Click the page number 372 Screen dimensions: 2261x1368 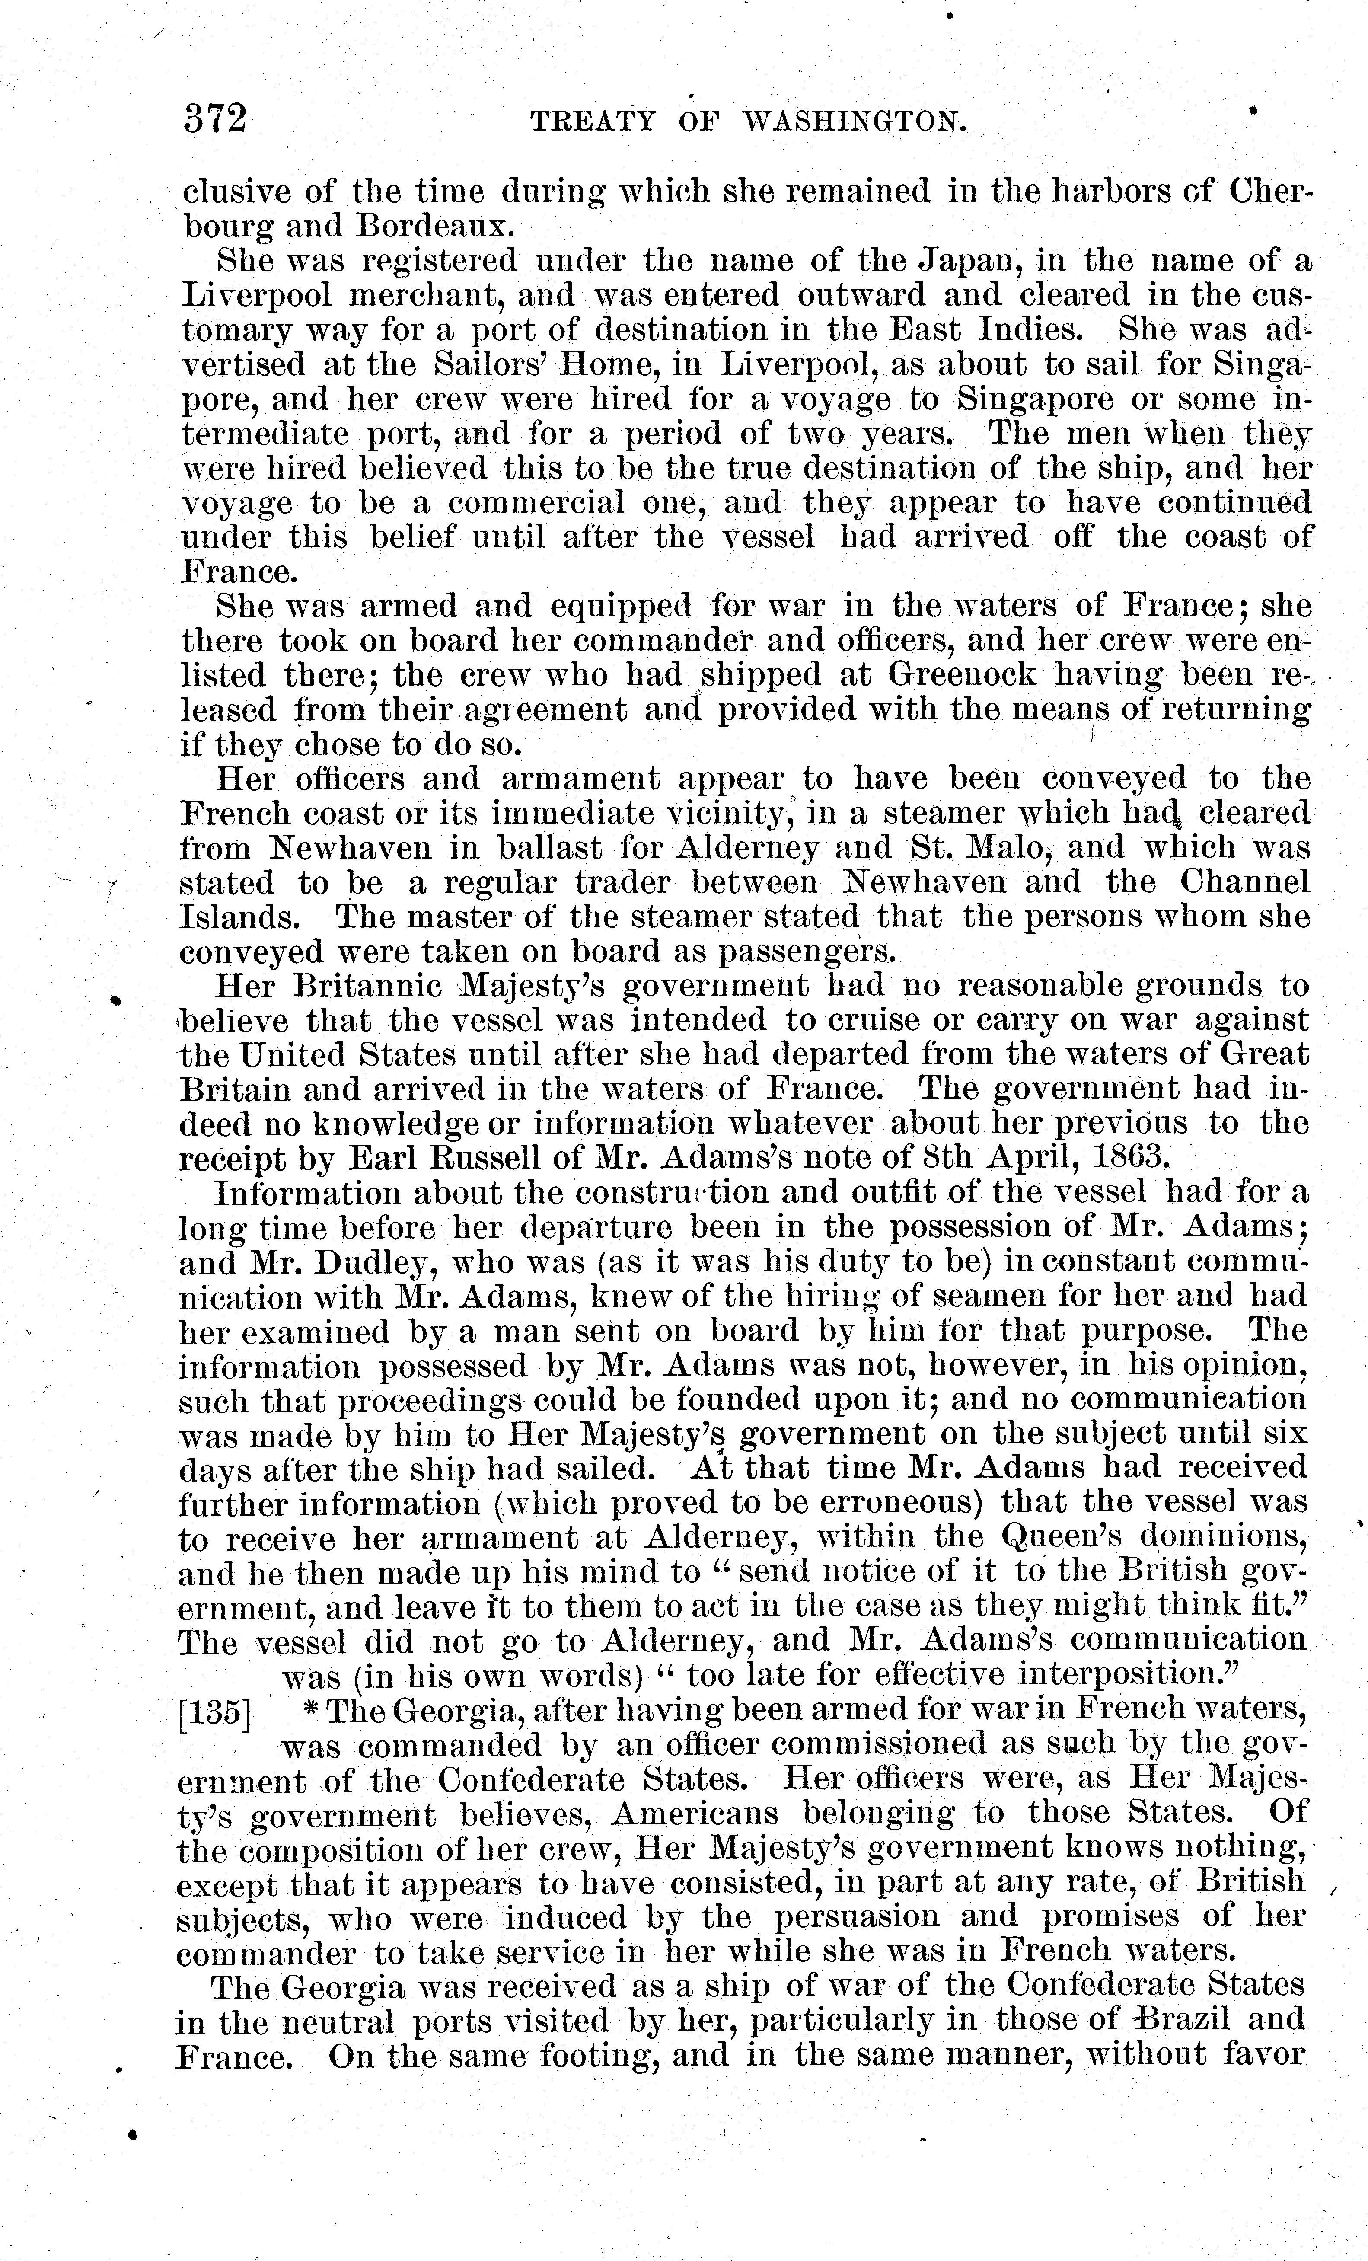point(215,120)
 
